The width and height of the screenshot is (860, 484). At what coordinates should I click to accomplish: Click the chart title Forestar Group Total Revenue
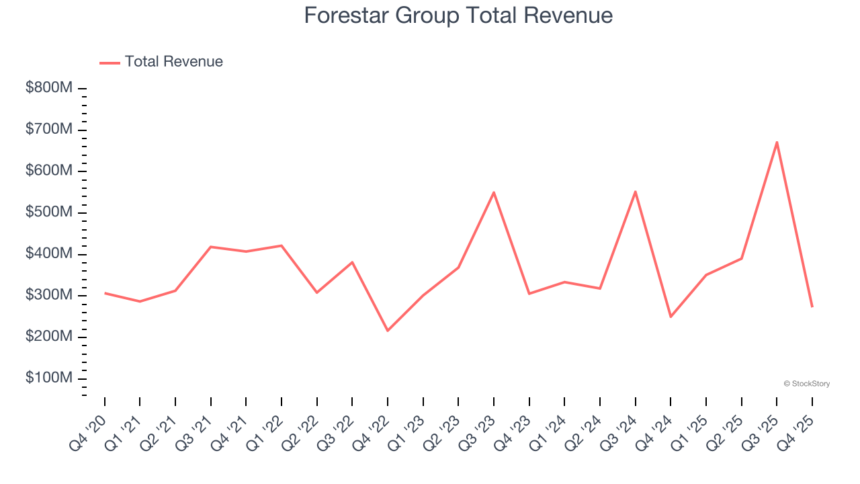tap(458, 15)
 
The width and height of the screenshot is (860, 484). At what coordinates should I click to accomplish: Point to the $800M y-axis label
tap(49, 89)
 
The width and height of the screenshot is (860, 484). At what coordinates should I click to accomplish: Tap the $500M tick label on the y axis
tap(49, 212)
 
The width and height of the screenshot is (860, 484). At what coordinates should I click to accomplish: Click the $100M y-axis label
tap(49, 378)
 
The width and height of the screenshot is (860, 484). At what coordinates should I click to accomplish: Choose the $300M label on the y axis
tap(49, 296)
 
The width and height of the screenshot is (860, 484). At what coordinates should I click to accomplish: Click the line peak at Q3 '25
tap(777, 142)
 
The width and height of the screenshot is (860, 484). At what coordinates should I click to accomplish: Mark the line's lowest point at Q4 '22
tap(388, 331)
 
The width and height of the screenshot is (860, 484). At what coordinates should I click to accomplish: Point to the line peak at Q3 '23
tap(494, 192)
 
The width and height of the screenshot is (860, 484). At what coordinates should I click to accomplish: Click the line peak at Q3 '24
tap(635, 192)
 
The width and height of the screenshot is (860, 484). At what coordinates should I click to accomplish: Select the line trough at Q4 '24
tap(671, 317)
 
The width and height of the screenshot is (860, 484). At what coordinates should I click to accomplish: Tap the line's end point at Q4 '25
tap(812, 307)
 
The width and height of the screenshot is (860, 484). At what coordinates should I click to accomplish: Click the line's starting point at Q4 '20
tap(105, 293)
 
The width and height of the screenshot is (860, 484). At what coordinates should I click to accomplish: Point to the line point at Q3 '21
tap(211, 247)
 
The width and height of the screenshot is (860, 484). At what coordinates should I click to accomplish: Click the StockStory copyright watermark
tap(806, 384)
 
